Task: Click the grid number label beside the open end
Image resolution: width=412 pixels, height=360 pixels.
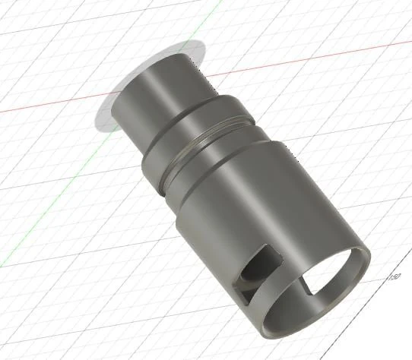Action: point(394,276)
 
